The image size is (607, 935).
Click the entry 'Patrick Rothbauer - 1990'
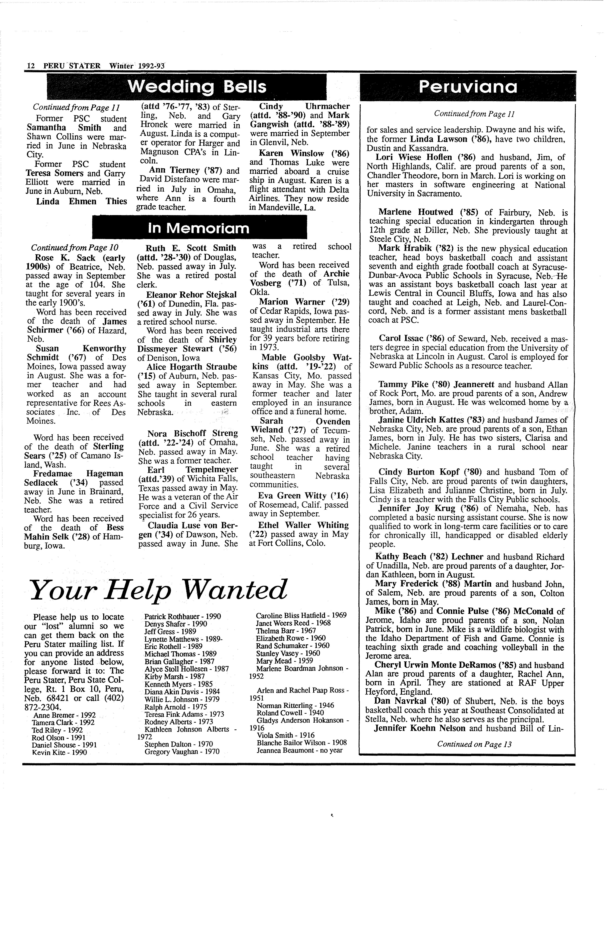coord(183,616)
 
